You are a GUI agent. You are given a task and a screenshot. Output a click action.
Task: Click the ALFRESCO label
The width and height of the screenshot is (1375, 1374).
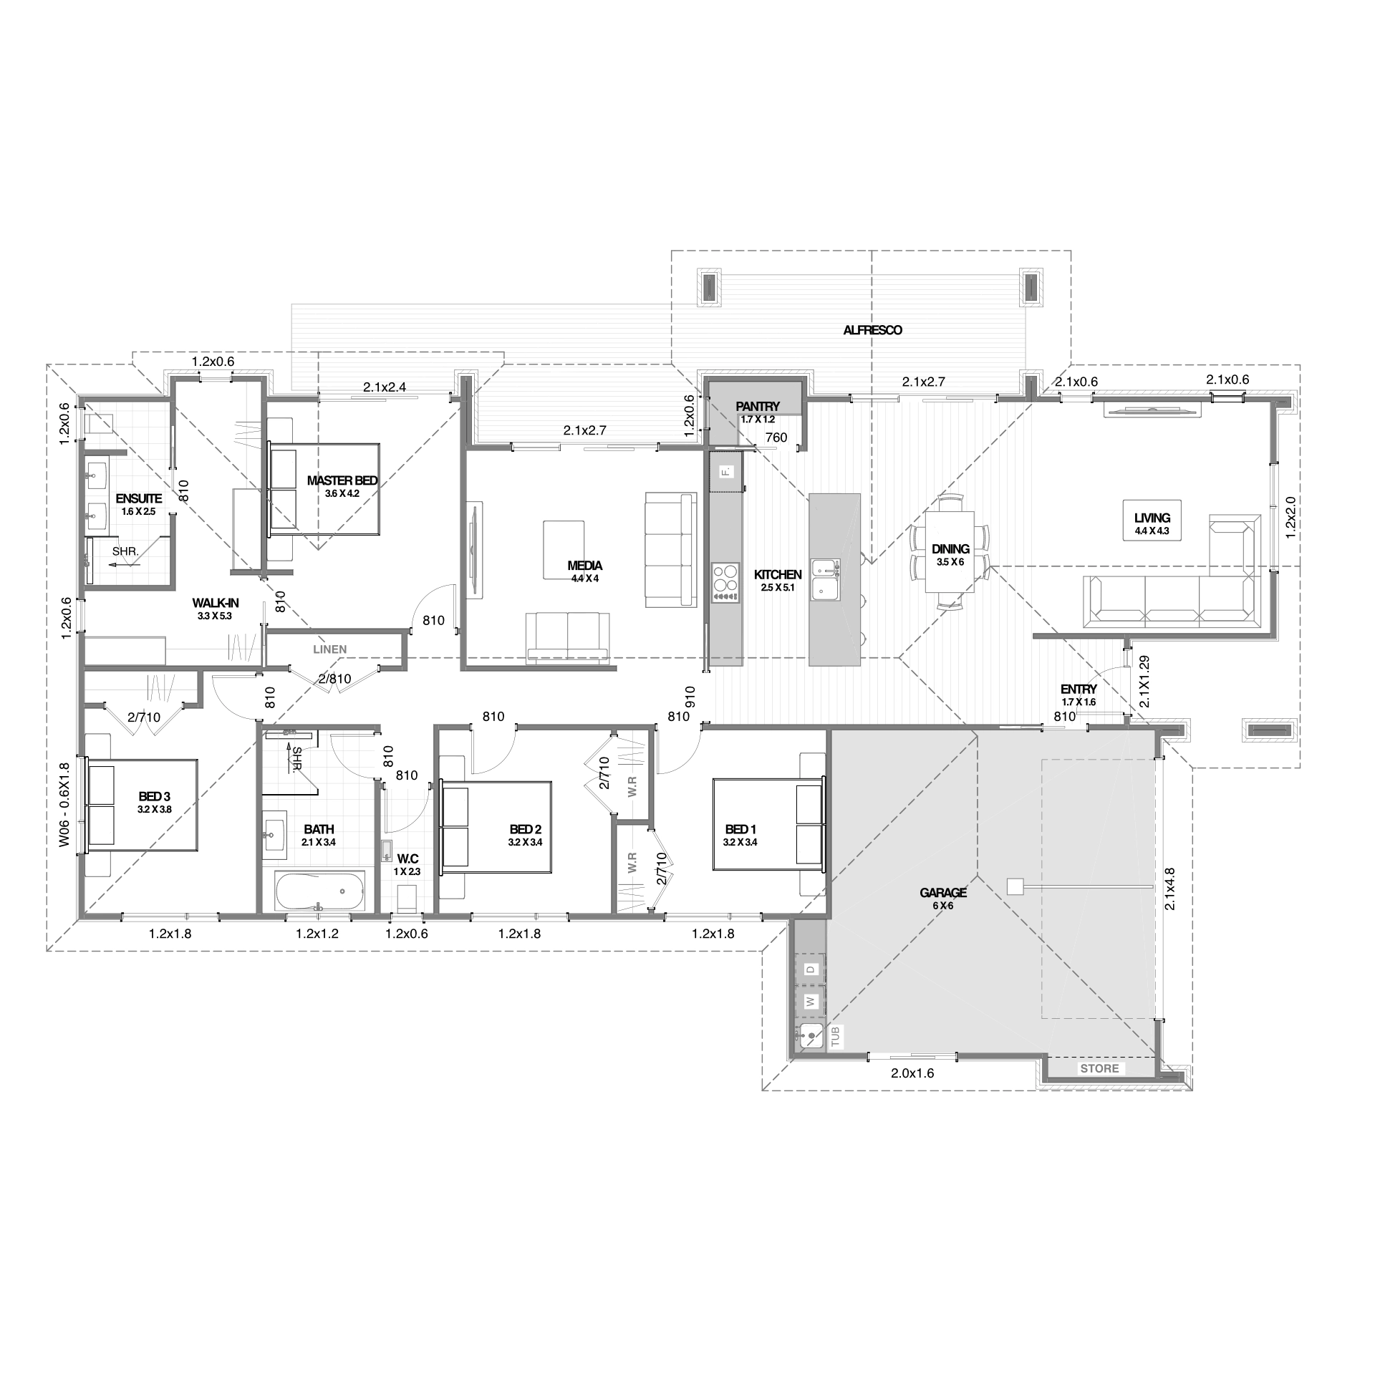[872, 330]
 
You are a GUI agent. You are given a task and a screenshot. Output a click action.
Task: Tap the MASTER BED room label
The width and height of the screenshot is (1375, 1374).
[342, 480]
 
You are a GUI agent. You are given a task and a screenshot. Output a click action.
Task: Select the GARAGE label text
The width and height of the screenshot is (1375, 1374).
[944, 893]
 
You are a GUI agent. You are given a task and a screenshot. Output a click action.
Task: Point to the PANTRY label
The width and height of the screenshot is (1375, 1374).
[757, 407]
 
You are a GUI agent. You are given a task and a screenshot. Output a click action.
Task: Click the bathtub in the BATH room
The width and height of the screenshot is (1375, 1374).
[319, 891]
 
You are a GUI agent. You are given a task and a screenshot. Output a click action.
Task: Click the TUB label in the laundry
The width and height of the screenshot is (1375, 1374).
[835, 1037]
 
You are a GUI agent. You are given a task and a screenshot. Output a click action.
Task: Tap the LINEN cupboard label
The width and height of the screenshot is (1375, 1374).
[330, 649]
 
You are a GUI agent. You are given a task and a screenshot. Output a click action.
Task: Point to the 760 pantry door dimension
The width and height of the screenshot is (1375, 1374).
[776, 437]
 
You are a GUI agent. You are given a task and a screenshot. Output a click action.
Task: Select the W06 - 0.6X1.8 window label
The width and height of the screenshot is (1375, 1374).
[64, 805]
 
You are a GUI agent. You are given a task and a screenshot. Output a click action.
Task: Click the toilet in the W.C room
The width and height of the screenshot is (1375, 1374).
[406, 898]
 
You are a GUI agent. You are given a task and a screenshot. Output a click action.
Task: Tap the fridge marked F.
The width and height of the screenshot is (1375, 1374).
[726, 471]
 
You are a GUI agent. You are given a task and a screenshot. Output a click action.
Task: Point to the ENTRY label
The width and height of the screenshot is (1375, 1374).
[1079, 689]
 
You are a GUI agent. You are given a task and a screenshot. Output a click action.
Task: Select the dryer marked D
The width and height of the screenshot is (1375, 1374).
[811, 969]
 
